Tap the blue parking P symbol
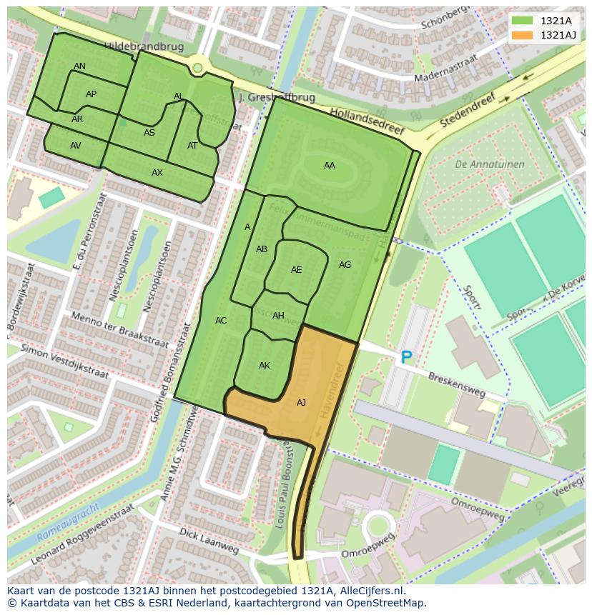tap(407, 357)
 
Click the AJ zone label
tap(301, 403)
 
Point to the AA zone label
tap(329, 166)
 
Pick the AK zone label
tap(265, 366)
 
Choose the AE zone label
tap(296, 270)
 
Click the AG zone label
tap(345, 265)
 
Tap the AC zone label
tap(221, 321)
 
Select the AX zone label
tap(157, 173)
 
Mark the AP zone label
tap(91, 94)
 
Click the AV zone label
tap(75, 146)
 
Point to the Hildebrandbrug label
tap(144, 46)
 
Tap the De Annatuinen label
tap(489, 164)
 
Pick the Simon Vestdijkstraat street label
tap(64, 361)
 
